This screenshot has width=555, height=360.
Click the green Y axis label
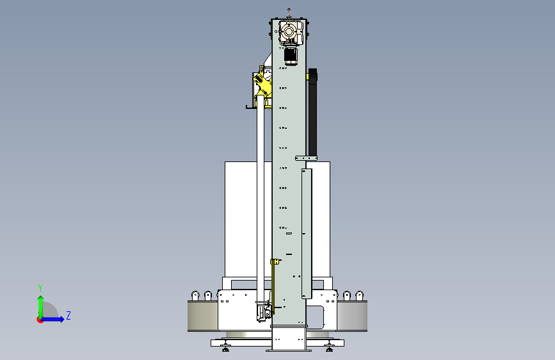(x=40, y=288)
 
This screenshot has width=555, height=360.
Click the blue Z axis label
(x=68, y=315)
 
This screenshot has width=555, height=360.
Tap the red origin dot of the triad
(x=40, y=320)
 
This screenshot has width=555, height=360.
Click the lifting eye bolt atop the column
(x=289, y=12)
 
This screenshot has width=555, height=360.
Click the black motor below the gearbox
(x=291, y=56)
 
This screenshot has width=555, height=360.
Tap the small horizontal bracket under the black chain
(x=306, y=158)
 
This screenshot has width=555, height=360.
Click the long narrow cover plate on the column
(x=307, y=234)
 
